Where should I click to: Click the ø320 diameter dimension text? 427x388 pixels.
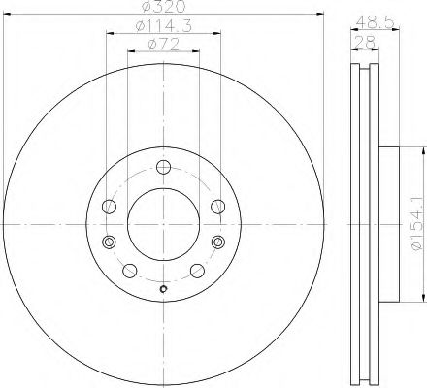point(162,9)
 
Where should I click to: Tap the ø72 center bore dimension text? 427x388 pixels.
point(162,44)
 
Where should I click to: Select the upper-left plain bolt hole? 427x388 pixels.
point(109,206)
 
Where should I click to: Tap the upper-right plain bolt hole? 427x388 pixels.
point(216,206)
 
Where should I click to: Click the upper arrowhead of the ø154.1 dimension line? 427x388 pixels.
point(421,150)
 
